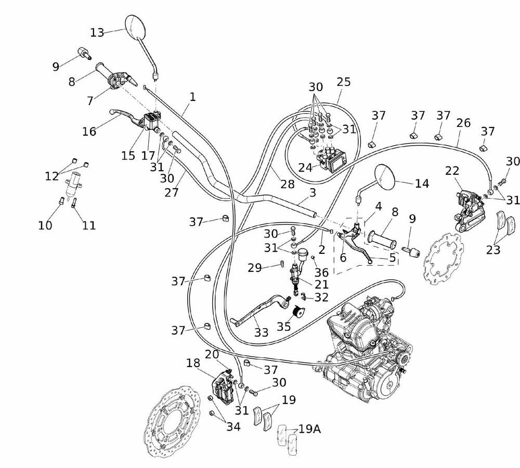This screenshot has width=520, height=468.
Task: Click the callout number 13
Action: (97, 32)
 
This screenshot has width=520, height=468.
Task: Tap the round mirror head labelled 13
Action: (137, 28)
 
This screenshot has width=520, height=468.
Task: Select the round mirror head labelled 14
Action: (385, 177)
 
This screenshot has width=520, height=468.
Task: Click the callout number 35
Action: (284, 328)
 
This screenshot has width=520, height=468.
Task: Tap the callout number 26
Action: (463, 123)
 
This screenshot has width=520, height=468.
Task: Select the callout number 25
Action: (344, 82)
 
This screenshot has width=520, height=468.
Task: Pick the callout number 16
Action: (89, 132)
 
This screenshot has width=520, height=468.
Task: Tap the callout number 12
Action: (51, 176)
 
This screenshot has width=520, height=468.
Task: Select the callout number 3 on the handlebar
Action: (312, 193)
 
